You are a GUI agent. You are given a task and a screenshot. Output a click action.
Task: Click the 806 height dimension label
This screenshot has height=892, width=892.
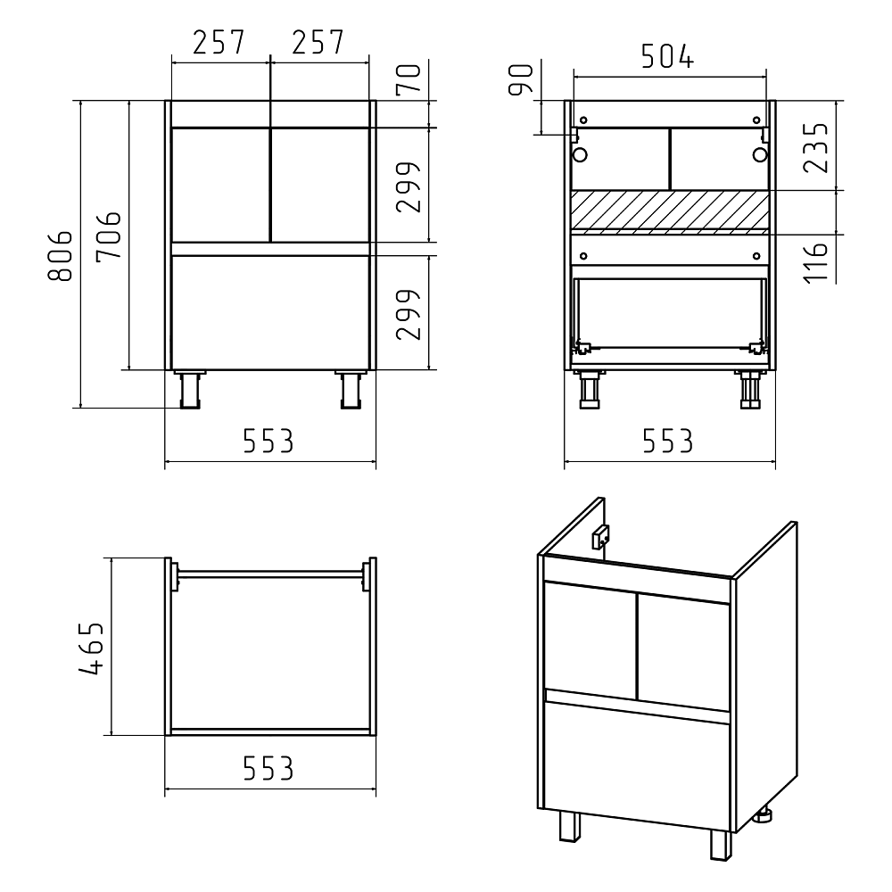(61, 256)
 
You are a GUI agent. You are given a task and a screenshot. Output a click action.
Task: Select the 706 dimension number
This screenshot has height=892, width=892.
(109, 236)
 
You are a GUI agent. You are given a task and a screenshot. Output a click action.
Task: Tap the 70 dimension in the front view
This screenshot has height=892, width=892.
(409, 78)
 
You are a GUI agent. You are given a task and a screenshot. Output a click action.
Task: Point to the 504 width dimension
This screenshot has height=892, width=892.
(667, 56)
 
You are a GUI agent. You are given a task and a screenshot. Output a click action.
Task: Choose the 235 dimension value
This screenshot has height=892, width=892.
(816, 147)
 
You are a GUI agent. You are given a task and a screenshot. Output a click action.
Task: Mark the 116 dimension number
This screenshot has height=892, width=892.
(815, 262)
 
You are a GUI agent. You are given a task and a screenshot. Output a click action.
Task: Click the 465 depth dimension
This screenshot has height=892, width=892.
(92, 648)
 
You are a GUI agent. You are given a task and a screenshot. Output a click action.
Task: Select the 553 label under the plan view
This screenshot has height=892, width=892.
(268, 769)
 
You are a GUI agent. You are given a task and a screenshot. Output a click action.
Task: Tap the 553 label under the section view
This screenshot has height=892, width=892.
(668, 441)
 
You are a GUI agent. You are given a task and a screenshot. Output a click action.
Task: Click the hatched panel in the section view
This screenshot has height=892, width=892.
(670, 211)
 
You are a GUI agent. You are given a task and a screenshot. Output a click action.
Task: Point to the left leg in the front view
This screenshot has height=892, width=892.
(190, 389)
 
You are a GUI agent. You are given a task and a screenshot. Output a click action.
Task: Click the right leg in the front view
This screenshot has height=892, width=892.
(351, 389)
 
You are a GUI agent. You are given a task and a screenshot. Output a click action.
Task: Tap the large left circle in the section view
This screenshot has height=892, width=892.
(581, 154)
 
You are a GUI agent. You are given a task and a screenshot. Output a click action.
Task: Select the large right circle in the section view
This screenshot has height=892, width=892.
(760, 154)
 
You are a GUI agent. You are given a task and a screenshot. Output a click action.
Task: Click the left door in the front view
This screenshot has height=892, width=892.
(220, 185)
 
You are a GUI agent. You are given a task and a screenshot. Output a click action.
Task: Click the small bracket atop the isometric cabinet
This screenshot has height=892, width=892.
(600, 536)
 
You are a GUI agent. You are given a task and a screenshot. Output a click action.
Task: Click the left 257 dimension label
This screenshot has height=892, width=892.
(219, 42)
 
